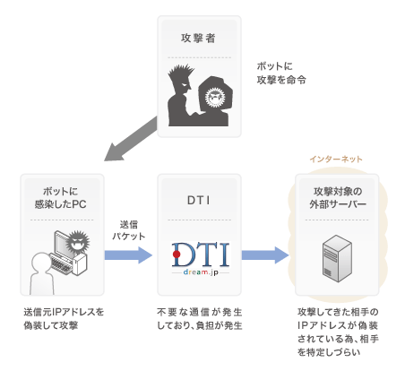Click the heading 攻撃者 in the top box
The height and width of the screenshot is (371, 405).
point(198,39)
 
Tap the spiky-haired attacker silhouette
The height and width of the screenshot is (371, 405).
point(182,99)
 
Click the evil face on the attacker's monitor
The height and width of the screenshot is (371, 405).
point(215,97)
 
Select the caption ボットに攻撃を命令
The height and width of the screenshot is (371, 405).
point(281,73)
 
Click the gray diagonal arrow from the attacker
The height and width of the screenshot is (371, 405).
point(131,139)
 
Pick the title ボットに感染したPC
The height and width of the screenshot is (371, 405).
point(61,198)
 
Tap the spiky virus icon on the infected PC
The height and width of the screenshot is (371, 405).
point(77,241)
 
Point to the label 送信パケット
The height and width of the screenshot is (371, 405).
point(129,230)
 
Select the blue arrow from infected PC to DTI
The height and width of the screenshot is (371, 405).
point(128,255)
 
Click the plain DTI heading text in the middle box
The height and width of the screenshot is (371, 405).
point(199,201)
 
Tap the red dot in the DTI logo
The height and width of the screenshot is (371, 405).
point(177,255)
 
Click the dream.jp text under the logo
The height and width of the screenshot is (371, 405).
point(201,272)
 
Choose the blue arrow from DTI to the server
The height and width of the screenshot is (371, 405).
point(265,255)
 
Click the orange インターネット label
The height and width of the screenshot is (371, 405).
point(336,159)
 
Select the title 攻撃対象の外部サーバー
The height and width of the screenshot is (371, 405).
point(338,198)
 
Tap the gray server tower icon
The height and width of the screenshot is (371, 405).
point(337,259)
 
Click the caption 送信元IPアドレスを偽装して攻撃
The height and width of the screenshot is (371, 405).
point(64,319)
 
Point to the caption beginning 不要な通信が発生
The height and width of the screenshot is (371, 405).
point(200,319)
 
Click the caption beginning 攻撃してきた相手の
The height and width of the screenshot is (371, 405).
point(338,332)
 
